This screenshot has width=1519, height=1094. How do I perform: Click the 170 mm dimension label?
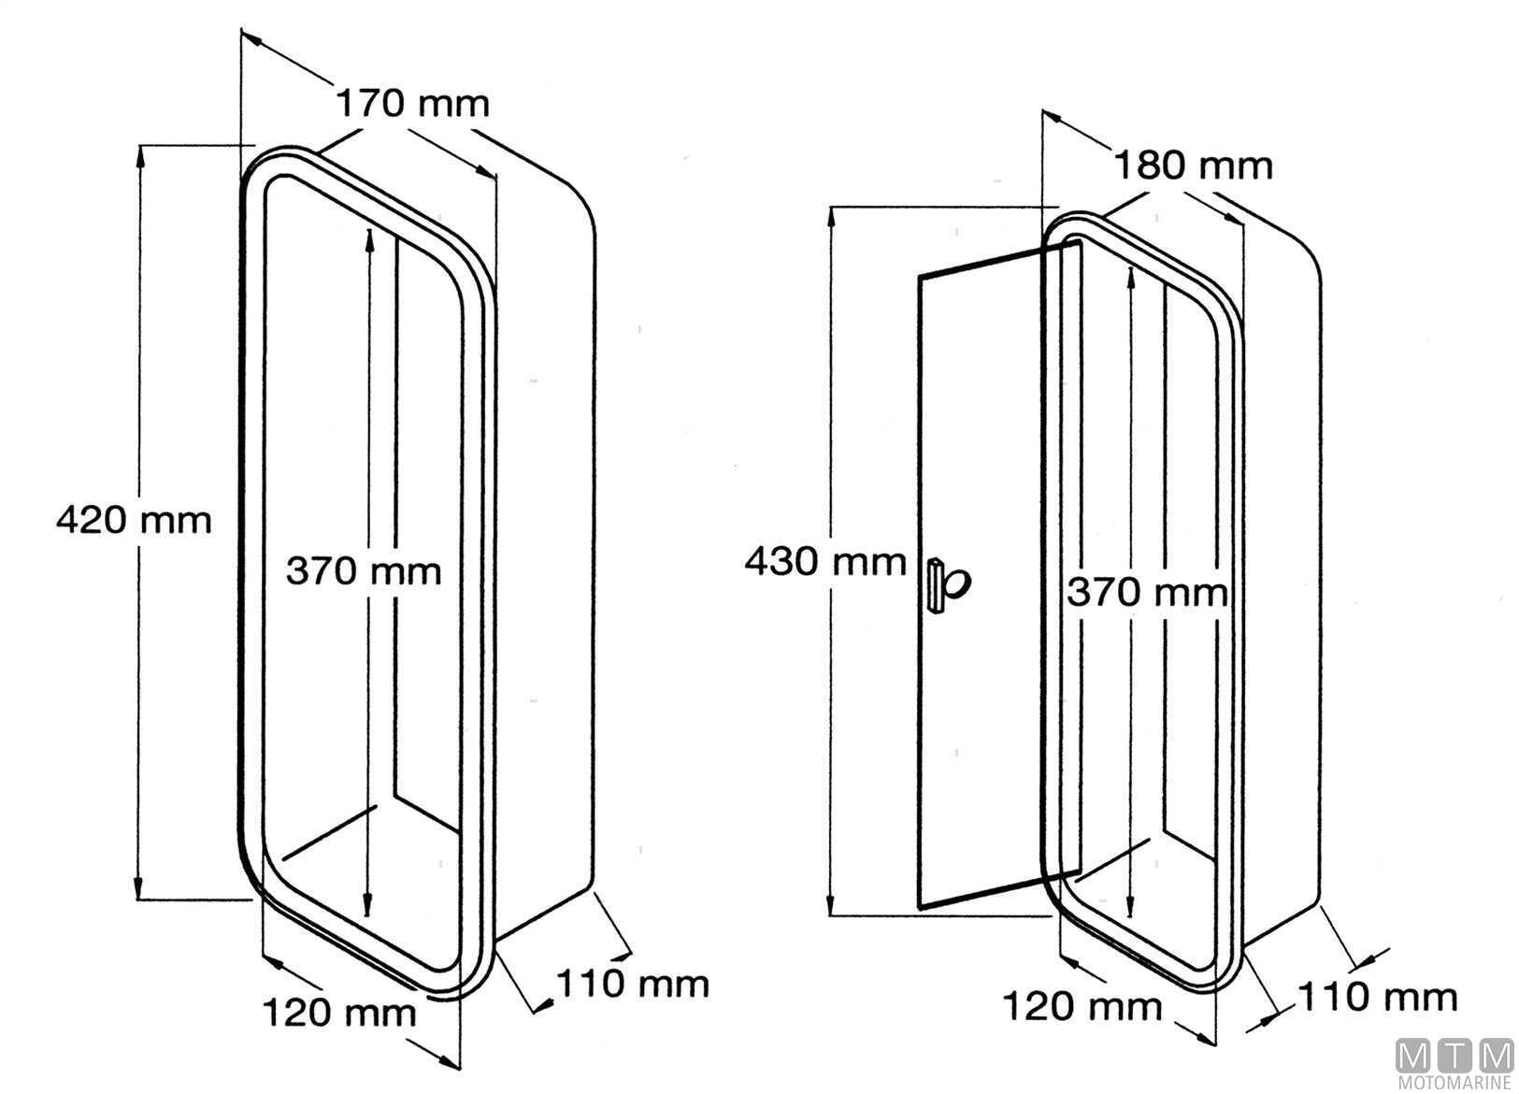point(412,102)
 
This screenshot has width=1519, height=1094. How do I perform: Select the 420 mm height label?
point(134,519)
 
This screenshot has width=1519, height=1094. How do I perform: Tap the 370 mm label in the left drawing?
point(363,569)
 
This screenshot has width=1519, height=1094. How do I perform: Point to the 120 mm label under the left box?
point(338,1012)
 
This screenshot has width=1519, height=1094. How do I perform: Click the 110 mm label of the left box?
point(633,984)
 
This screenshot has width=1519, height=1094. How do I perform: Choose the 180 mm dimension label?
point(1193,166)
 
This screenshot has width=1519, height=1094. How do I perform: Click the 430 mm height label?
point(825,562)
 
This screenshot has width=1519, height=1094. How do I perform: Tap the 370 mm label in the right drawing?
point(1147,592)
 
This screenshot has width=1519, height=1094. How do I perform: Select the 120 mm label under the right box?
point(1082,1007)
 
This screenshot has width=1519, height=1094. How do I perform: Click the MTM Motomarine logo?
point(1455,1064)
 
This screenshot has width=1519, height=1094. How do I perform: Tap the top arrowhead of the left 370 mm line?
point(369,237)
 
